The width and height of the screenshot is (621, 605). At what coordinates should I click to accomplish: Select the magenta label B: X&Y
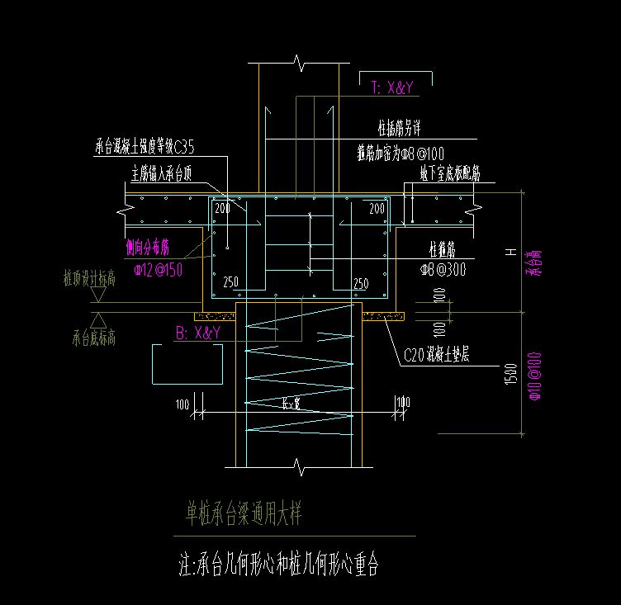(197, 333)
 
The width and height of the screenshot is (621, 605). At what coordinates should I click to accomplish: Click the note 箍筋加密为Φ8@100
(401, 153)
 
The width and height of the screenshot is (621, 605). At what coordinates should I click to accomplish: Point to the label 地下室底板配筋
(450, 173)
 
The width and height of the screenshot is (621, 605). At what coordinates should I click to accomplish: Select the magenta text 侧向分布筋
(147, 247)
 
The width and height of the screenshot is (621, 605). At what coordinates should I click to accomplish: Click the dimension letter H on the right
(512, 252)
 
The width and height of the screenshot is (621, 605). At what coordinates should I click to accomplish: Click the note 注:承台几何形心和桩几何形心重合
(278, 565)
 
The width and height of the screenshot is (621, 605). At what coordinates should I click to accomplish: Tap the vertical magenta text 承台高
(533, 264)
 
